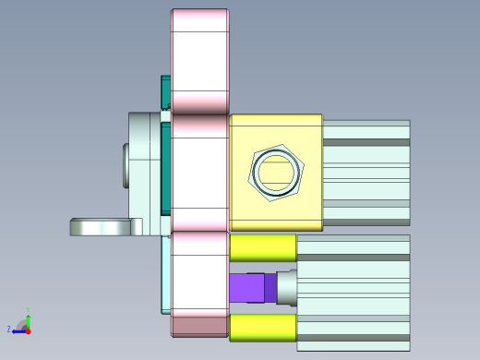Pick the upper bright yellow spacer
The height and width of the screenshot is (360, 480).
click(262, 247)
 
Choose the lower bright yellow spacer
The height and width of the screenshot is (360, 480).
click(262, 328)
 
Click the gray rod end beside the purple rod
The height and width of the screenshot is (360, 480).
click(287, 287)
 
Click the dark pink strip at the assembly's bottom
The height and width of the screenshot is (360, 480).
click(199, 325)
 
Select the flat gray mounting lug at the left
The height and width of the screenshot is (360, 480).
click(103, 227)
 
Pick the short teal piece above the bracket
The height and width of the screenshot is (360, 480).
click(166, 91)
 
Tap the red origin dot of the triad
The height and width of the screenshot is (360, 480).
click(29, 329)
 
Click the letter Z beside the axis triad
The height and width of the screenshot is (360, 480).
click(8, 330)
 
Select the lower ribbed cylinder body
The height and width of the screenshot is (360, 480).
click(353, 292)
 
